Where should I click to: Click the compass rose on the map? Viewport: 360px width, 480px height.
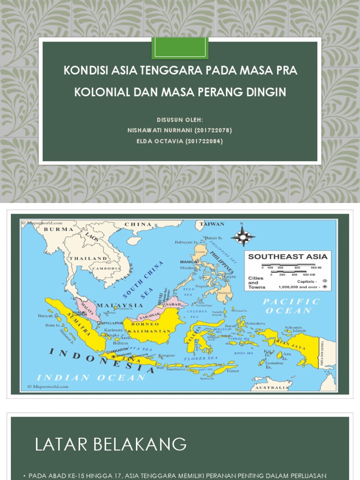coord(242,237)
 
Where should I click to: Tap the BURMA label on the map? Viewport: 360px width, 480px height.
coord(59,229)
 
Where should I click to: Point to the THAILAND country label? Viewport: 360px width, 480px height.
coord(88,258)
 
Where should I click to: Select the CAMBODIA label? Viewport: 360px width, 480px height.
coord(106,268)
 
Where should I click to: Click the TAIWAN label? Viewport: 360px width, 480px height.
coord(212,224)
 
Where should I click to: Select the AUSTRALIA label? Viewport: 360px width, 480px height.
coord(272,388)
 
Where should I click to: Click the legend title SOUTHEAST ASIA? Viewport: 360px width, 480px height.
coord(287,256)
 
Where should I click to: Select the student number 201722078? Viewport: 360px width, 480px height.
coord(213,130)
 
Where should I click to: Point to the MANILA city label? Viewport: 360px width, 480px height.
coord(188,262)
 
